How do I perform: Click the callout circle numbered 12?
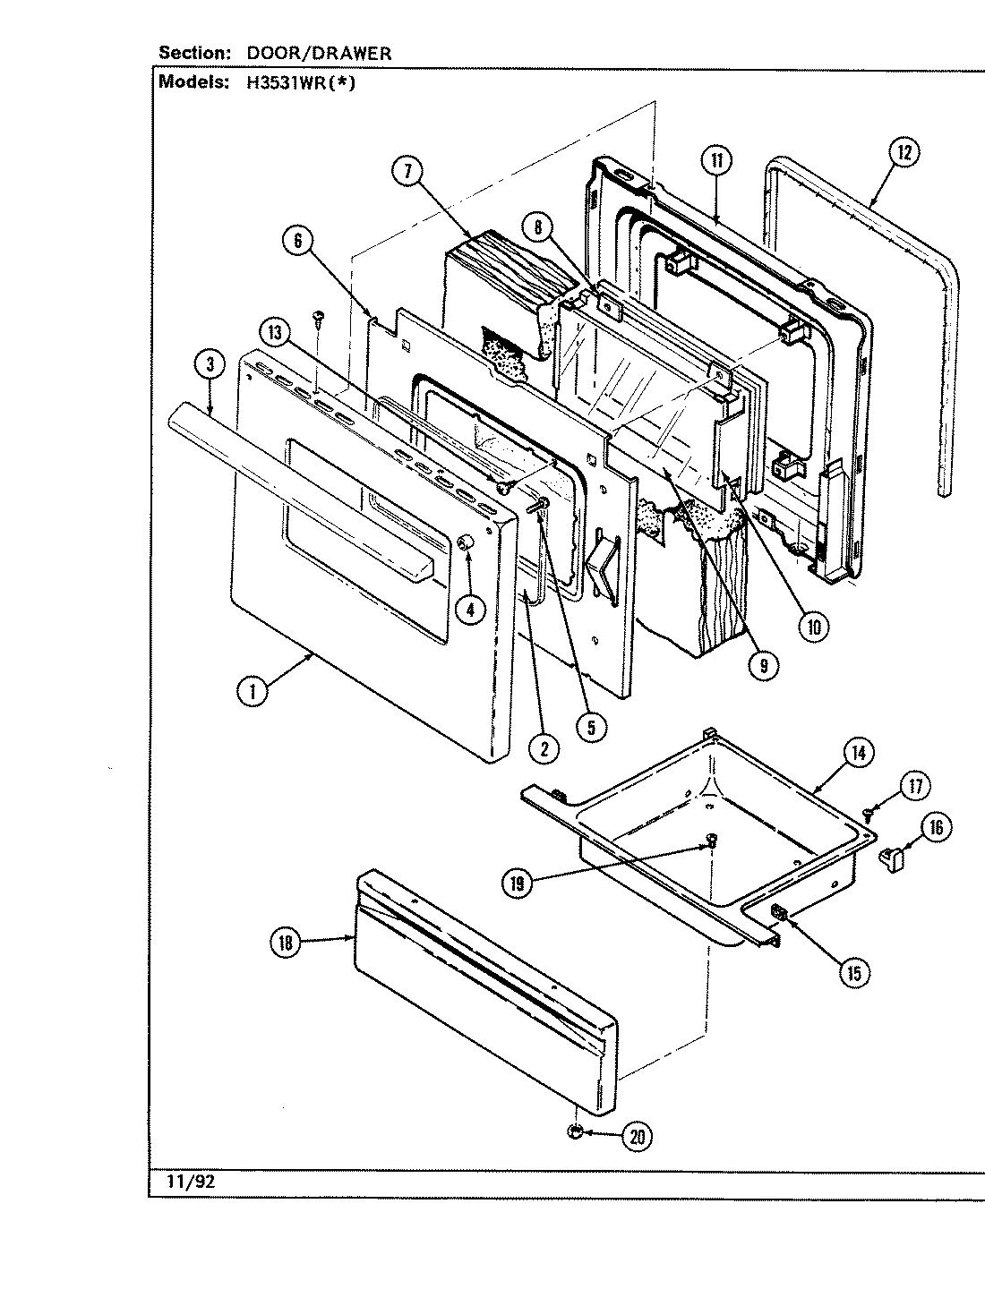pos(903,152)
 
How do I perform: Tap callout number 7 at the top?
pos(407,170)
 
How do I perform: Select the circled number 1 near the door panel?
pos(253,690)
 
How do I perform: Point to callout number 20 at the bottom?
pos(637,1137)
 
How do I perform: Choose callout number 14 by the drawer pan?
pos(858,753)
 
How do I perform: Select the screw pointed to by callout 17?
pos(869,812)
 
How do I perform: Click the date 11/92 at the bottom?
pos(191,1181)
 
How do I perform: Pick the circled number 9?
pos(763,664)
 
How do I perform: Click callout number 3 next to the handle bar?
pos(210,363)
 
